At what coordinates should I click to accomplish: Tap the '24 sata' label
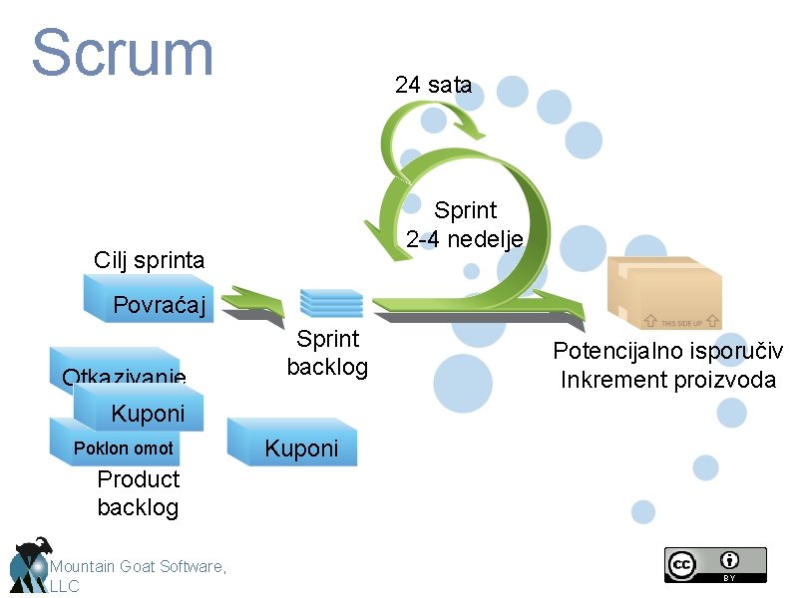click(433, 85)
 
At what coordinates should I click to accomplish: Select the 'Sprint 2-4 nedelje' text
click(465, 225)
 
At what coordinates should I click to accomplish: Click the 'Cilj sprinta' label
click(149, 261)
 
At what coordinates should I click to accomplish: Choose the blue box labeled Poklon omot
click(122, 448)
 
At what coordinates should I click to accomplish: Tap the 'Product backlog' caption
click(138, 492)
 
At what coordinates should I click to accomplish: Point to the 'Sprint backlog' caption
click(327, 353)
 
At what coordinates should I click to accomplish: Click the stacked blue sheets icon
click(331, 301)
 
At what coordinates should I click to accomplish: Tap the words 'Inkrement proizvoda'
click(668, 380)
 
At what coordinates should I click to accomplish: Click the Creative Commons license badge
click(715, 564)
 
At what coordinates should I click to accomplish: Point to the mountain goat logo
click(30, 564)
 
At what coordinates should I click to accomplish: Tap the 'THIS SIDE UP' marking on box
click(682, 323)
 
